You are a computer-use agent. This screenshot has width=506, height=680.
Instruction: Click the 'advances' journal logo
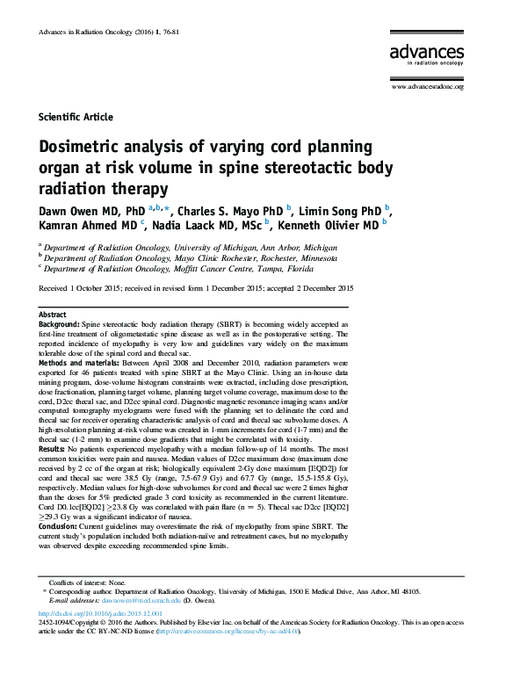point(427,54)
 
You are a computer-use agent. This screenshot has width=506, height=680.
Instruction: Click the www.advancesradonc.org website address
point(428,86)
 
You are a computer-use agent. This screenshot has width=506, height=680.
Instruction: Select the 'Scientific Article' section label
point(76,117)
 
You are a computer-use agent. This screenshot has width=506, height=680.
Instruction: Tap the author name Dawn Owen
point(67,212)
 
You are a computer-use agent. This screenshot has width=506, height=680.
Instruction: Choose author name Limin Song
point(338,212)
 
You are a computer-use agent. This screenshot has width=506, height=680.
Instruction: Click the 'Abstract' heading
point(53,315)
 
